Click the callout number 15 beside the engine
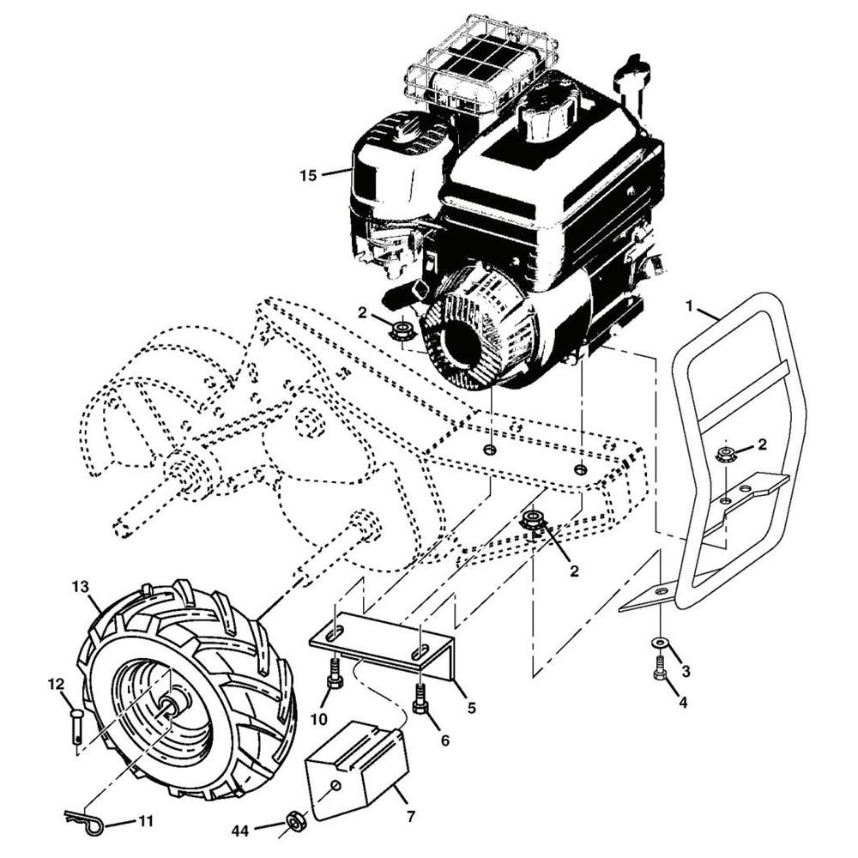click(x=309, y=176)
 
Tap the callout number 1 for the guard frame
click(x=690, y=306)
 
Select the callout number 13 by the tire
click(x=80, y=587)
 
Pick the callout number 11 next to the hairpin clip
click(x=145, y=821)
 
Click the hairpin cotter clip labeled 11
click(x=83, y=818)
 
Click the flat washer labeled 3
click(x=661, y=641)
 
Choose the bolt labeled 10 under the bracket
click(x=335, y=674)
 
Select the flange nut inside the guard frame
click(x=726, y=453)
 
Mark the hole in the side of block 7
click(x=336, y=786)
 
